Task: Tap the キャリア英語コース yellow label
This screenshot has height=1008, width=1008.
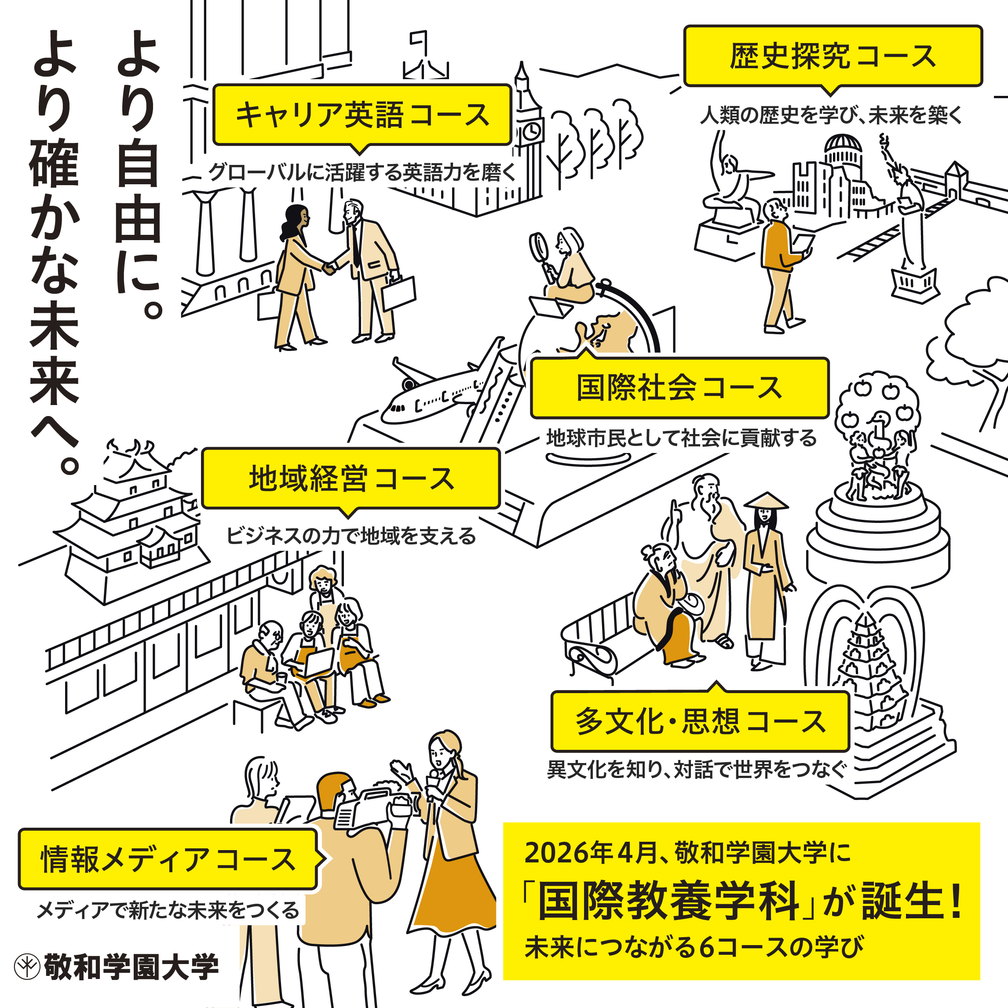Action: coord(362,115)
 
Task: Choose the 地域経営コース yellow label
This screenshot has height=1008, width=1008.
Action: coord(351,478)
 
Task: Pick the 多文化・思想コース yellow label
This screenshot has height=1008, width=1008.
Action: coord(701,722)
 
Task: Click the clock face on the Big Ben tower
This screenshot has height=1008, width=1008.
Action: coord(531,131)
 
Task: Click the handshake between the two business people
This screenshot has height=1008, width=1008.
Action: coord(329,268)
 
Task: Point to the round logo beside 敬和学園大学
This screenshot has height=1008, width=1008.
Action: coord(27,967)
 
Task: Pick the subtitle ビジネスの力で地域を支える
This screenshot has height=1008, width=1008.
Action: coord(351,536)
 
